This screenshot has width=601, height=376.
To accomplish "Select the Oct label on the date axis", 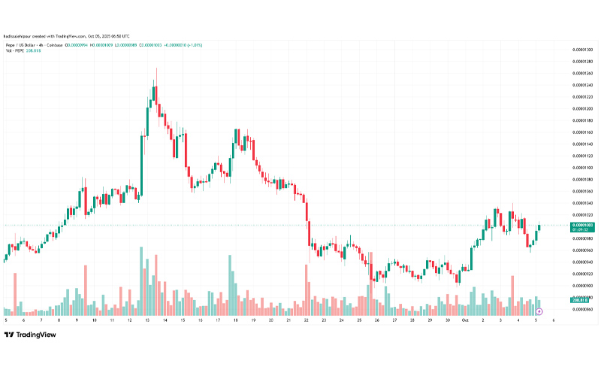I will coord(466,320).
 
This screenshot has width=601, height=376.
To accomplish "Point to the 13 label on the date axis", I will coord(146,320).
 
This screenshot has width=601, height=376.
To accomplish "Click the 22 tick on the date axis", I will coord(307,320).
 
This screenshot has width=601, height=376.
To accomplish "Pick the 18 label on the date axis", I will coord(235,320).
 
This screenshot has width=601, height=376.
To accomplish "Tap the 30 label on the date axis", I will coord(448,320).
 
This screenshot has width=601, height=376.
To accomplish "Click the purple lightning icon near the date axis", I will coord(540,310).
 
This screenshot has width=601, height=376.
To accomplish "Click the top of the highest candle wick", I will coord(156,68).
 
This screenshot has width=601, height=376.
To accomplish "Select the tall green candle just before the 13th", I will coord(143,162).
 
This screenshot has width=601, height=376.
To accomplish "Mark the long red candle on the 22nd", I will coord(307,222).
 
